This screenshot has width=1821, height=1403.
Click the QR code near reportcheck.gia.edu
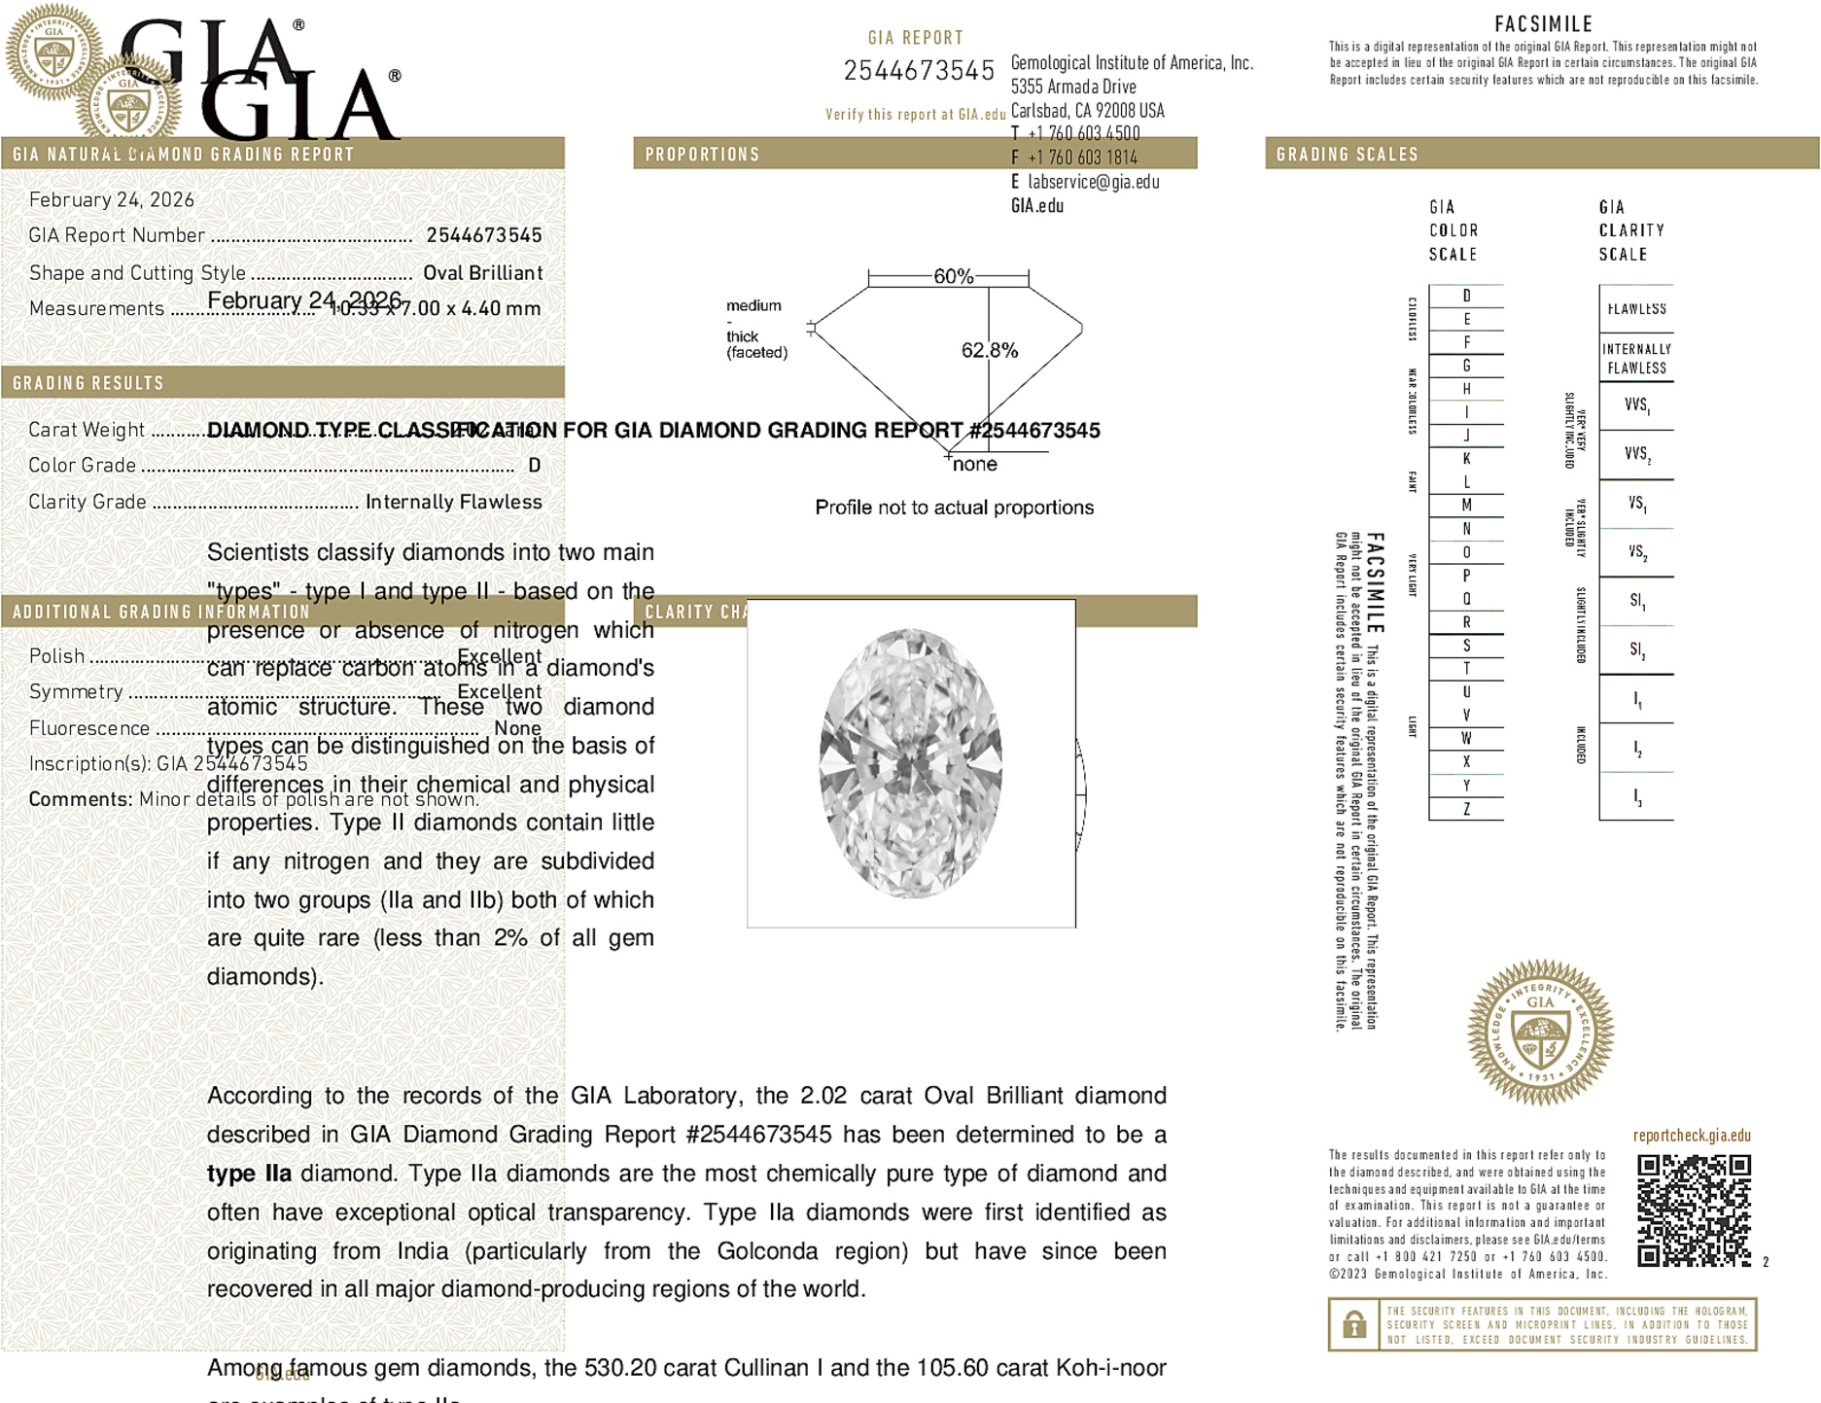[1693, 1210]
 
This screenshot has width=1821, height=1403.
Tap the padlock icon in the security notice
[1353, 1324]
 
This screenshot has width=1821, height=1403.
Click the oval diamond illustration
[911, 763]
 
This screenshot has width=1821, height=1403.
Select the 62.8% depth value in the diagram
[990, 350]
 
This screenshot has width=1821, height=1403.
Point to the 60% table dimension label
[953, 276]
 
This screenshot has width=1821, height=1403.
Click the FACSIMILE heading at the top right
[1543, 24]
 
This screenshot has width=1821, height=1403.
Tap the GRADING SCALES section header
[1347, 155]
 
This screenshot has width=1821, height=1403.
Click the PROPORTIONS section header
[702, 155]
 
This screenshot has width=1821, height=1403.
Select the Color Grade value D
[534, 466]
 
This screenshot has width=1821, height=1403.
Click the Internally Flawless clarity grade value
[453, 502]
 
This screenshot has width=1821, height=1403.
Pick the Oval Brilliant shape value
[482, 273]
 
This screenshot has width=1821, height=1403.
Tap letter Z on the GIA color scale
[1466, 809]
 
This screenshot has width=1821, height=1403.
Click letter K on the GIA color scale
[1466, 459]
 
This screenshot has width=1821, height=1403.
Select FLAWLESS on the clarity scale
[1636, 309]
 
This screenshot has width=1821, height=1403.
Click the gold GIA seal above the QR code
[1540, 1033]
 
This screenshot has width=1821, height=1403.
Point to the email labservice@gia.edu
[1093, 182]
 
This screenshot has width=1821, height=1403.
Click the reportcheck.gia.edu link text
[1692, 1136]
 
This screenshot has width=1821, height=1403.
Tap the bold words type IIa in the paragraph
[249, 1174]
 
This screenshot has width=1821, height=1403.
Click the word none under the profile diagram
[975, 464]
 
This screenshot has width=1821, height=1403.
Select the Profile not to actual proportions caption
[954, 508]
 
